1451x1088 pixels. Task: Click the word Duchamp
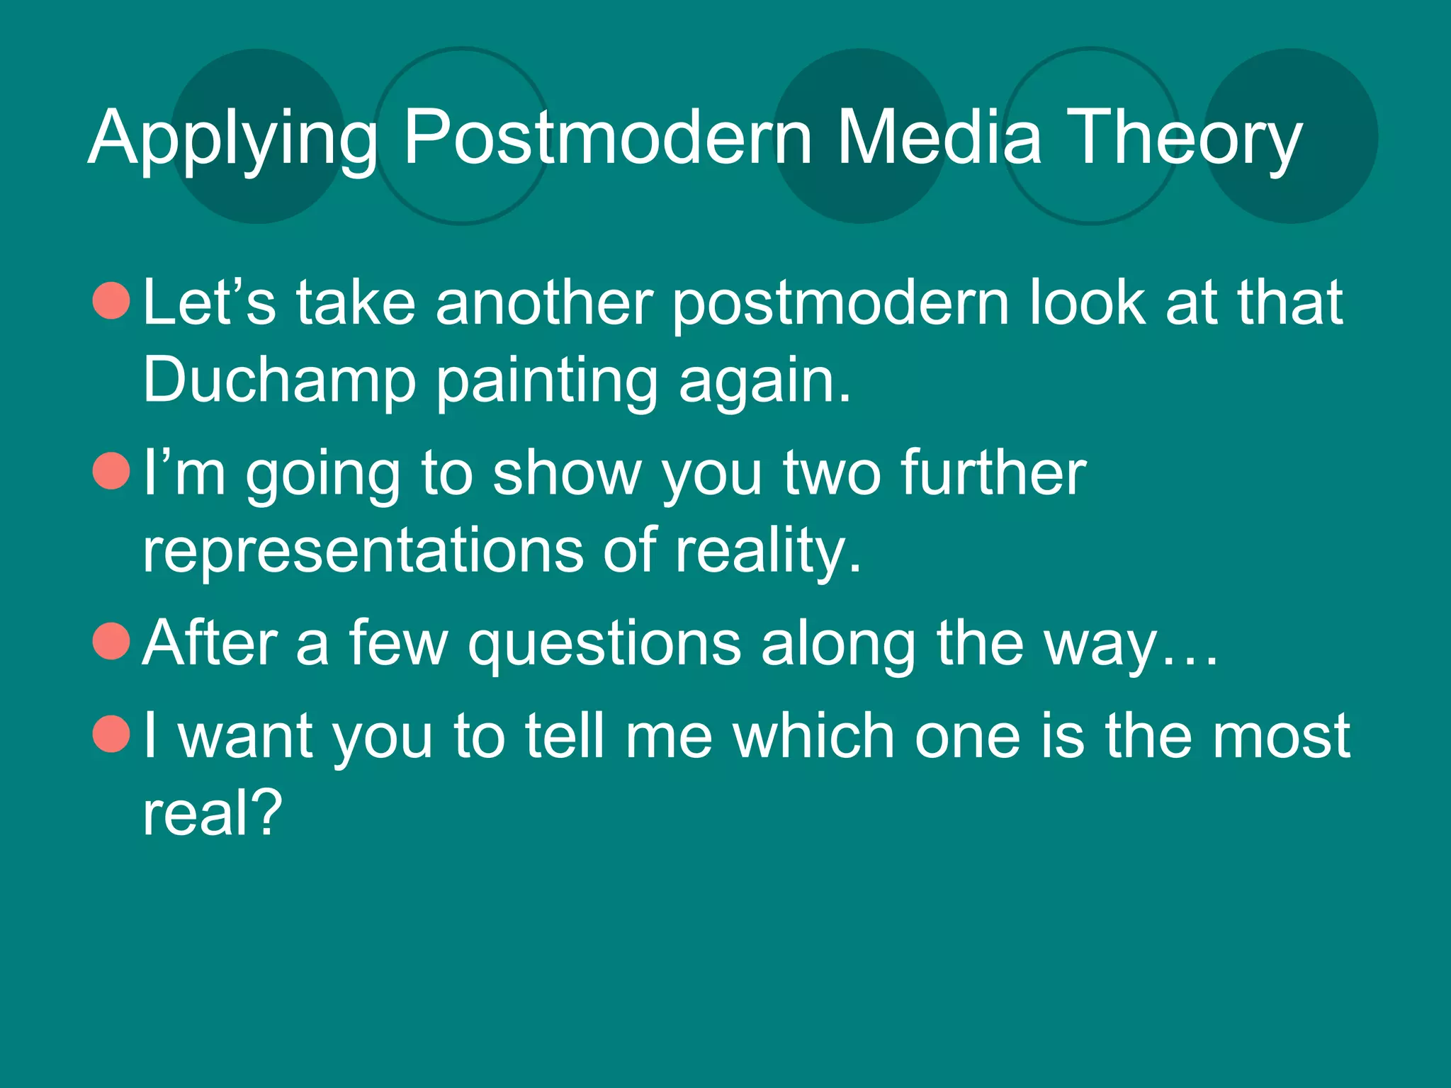(x=279, y=381)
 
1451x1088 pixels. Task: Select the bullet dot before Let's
(x=112, y=300)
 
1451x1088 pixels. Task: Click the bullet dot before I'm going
(x=112, y=471)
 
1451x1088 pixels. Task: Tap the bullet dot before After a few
(x=112, y=641)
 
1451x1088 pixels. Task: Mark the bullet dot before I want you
(x=112, y=734)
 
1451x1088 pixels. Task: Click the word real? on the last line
(x=213, y=813)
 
